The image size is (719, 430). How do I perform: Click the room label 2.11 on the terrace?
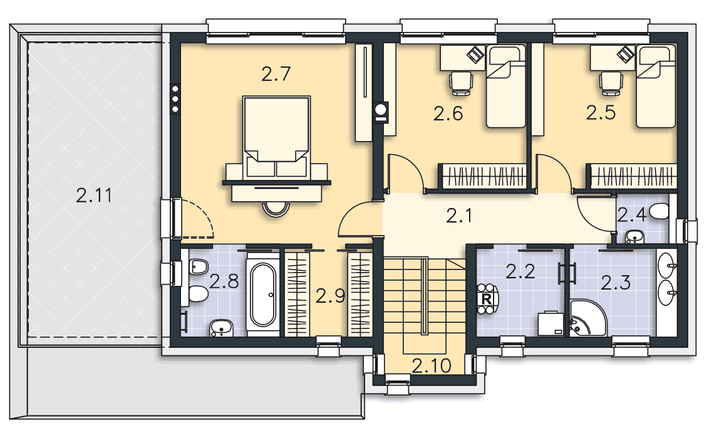(94, 196)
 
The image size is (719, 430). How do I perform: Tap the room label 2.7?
(276, 74)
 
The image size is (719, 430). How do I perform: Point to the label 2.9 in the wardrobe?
(330, 296)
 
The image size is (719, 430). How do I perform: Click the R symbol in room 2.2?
(487, 299)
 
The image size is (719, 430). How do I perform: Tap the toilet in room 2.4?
(659, 212)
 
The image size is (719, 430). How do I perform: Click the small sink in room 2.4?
(634, 237)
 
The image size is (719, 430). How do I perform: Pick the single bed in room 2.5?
(656, 87)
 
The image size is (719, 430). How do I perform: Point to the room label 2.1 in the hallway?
(459, 216)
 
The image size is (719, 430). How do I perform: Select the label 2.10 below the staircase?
(431, 366)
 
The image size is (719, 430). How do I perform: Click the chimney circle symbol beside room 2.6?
(381, 110)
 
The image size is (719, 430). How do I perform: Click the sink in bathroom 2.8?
(222, 328)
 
